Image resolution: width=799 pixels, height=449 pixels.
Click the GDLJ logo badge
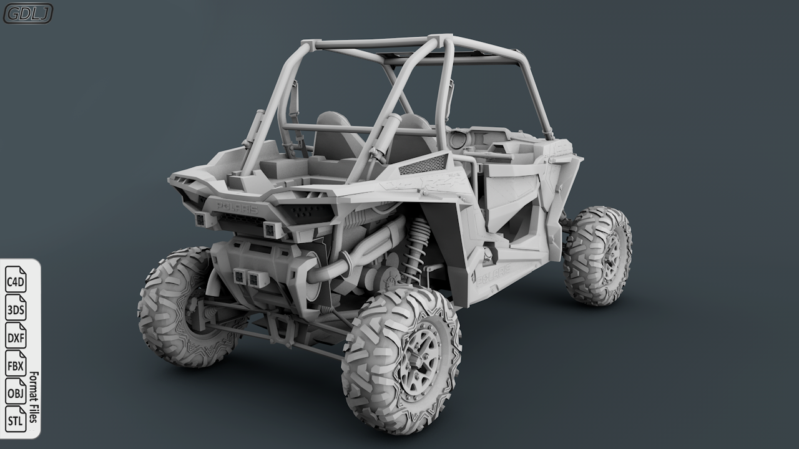coord(28,13)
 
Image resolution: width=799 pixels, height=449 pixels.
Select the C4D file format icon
coord(16,281)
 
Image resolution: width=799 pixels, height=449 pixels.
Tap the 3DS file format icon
coord(16,309)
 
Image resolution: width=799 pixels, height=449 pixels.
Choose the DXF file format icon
coord(16,337)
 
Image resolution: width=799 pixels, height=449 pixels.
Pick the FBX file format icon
coord(16,365)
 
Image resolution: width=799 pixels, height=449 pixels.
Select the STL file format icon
coord(16,420)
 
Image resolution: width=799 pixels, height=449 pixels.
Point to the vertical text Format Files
coord(34,397)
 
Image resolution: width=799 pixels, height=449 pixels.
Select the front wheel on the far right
coord(597,255)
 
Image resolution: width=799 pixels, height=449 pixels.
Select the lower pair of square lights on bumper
coord(247,279)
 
